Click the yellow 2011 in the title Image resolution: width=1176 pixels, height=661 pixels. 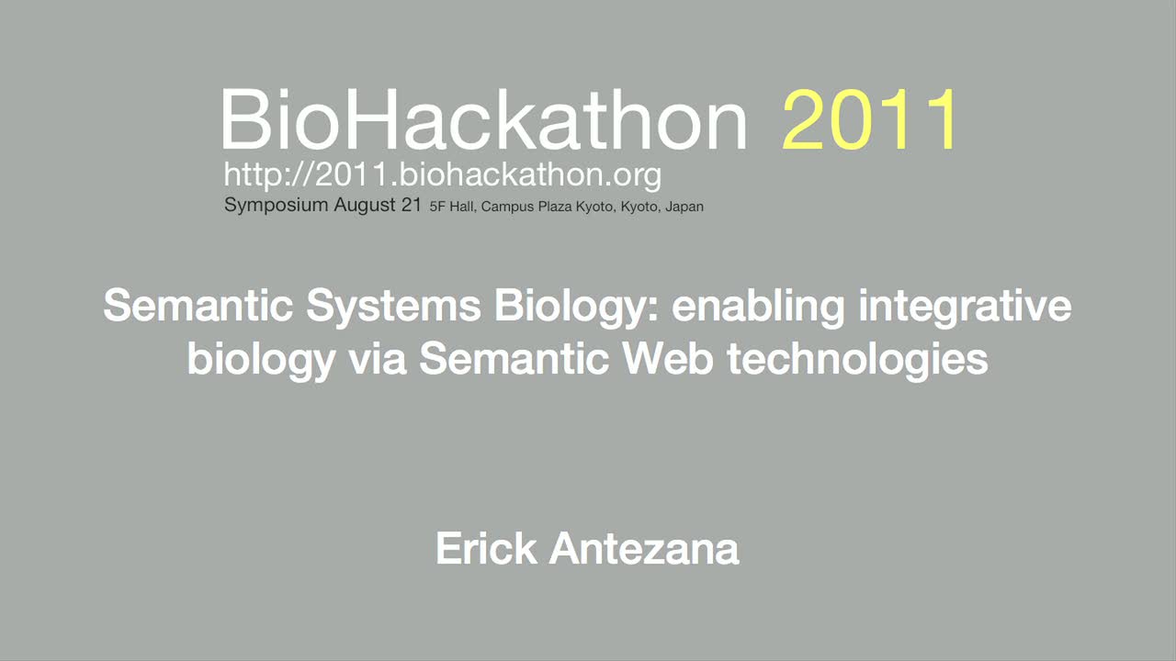(869, 119)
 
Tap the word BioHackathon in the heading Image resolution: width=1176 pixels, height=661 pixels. (483, 119)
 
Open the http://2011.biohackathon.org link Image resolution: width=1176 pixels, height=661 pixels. (443, 174)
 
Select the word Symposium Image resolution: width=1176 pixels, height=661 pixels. (277, 205)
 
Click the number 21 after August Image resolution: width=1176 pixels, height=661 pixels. (412, 205)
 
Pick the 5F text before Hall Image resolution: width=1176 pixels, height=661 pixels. (437, 207)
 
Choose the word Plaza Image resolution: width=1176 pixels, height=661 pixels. (556, 207)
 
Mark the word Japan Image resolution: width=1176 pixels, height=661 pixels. (684, 207)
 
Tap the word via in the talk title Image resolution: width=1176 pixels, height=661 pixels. (378, 359)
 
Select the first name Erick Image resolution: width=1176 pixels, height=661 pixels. (486, 549)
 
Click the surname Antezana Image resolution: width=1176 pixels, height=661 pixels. (644, 549)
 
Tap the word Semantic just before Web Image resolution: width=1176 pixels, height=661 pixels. (514, 359)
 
